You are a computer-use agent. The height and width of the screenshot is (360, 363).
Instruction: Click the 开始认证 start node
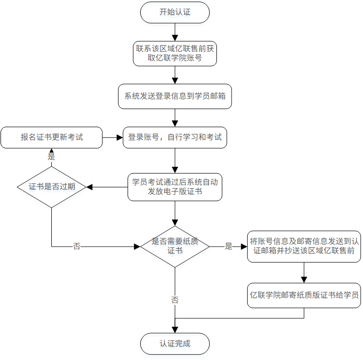(x=175, y=12)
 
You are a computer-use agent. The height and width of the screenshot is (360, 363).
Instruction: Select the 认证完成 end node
(x=175, y=344)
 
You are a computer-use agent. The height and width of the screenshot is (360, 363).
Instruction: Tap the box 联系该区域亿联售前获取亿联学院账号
(x=175, y=54)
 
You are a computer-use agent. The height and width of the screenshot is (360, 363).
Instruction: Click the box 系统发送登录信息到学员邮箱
(x=175, y=96)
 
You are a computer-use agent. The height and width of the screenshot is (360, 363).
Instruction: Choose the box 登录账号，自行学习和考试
(x=175, y=137)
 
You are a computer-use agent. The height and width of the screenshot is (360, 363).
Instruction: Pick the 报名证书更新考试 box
(x=51, y=137)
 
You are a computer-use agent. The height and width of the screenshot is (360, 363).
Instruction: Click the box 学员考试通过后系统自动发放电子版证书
(x=175, y=187)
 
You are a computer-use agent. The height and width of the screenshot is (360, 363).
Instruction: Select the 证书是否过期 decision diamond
(x=51, y=187)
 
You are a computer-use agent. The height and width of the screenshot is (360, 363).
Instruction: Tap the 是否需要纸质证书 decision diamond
(x=175, y=247)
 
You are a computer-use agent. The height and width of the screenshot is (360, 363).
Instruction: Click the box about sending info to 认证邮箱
(x=304, y=247)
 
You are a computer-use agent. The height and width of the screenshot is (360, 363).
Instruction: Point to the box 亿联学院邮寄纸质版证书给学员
(x=304, y=295)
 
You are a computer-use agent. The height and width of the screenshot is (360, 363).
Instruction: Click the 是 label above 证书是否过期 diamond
(x=51, y=157)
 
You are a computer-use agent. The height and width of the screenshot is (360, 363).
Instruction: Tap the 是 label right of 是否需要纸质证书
(x=229, y=247)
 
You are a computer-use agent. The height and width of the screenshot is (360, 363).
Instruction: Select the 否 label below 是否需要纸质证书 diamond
(x=175, y=300)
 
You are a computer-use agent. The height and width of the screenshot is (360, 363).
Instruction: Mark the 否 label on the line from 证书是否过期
(x=77, y=247)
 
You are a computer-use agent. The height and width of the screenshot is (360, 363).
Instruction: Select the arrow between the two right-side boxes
(x=304, y=272)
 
